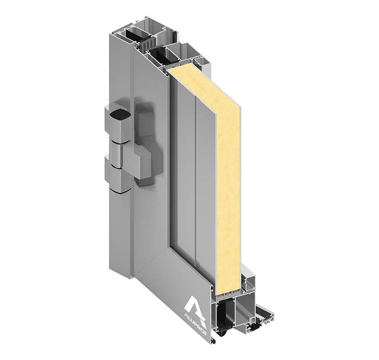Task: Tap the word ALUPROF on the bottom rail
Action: click(198, 318)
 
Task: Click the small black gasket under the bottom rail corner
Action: click(214, 341)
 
